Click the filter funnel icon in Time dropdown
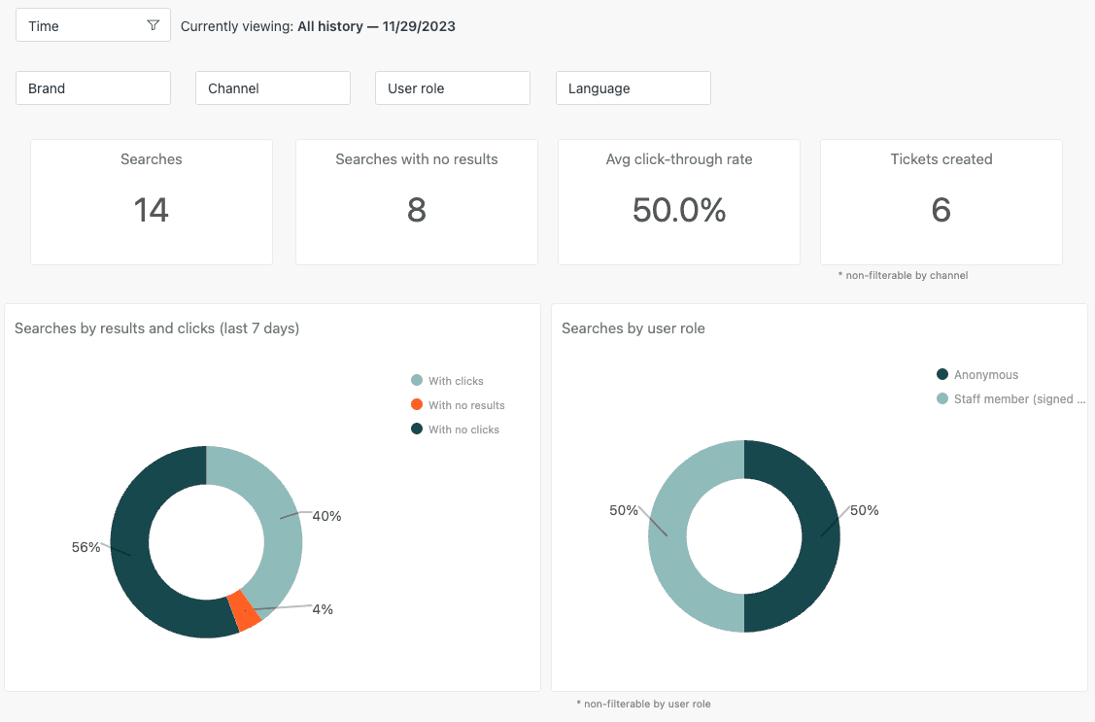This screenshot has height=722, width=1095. pyautogui.click(x=153, y=25)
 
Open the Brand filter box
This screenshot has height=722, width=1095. pyautogui.click(x=93, y=88)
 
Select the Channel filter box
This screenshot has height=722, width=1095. pyautogui.click(x=273, y=88)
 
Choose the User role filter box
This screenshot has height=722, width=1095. pyautogui.click(x=453, y=88)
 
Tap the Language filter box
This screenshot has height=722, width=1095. pyautogui.click(x=633, y=88)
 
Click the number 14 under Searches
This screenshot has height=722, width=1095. pyautogui.click(x=152, y=210)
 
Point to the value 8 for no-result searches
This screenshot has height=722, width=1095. pyautogui.click(x=417, y=210)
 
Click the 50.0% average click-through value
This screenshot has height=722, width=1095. pyautogui.click(x=679, y=210)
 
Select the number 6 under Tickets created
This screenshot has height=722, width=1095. pyautogui.click(x=941, y=210)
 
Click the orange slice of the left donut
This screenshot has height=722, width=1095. pyautogui.click(x=244, y=611)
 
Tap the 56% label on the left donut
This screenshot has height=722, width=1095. pyautogui.click(x=86, y=547)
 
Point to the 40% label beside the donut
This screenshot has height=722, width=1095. pyautogui.click(x=326, y=516)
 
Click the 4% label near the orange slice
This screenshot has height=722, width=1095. pyautogui.click(x=323, y=609)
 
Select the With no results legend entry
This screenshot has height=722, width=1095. pyautogui.click(x=465, y=405)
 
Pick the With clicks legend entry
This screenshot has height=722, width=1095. pyautogui.click(x=455, y=381)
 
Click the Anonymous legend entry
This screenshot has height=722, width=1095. pyautogui.click(x=985, y=375)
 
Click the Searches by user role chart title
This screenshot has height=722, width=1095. pyautogui.click(x=633, y=328)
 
